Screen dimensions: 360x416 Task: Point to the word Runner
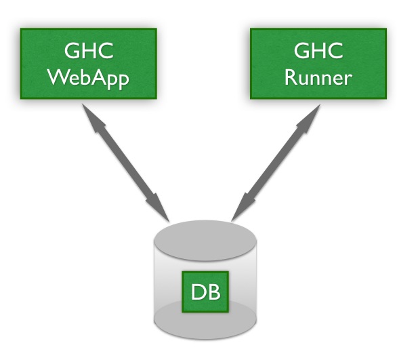[318, 77]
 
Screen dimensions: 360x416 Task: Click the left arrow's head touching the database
[161, 209]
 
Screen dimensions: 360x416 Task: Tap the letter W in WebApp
[58, 77]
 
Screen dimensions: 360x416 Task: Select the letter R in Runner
[290, 77]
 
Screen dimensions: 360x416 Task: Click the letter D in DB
[198, 293]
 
